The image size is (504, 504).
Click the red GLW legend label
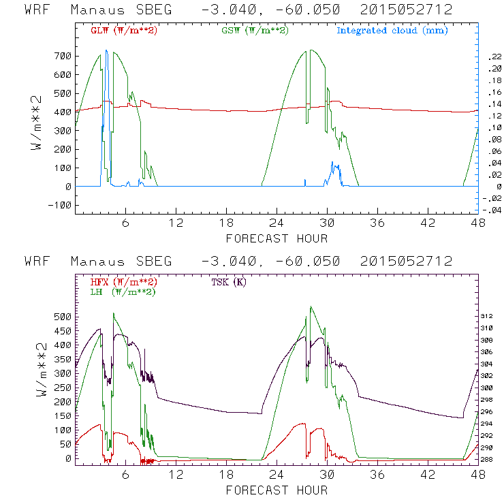(x=123, y=31)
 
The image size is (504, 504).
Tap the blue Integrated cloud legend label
(x=392, y=31)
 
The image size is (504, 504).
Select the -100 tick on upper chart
(x=59, y=205)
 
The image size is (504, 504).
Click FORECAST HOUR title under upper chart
(x=277, y=238)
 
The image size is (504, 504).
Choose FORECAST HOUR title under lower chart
(x=277, y=490)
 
